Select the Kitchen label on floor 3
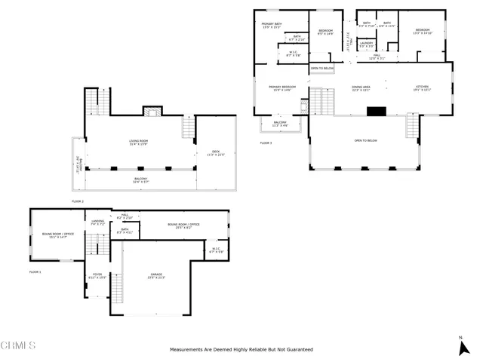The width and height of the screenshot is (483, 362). point(421,88)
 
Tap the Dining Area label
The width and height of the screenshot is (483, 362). point(361,88)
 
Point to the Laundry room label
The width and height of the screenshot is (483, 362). point(366,45)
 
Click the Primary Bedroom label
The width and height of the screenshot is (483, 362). point(282,88)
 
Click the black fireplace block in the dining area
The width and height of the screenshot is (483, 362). point(376,111)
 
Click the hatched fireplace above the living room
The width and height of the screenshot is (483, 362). point(152,113)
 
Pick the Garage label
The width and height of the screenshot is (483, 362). point(156,275)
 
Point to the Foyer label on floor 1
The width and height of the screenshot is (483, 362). point(97,275)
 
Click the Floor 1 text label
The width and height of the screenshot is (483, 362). point(35,271)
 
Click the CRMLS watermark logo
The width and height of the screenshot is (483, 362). point(19,346)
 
